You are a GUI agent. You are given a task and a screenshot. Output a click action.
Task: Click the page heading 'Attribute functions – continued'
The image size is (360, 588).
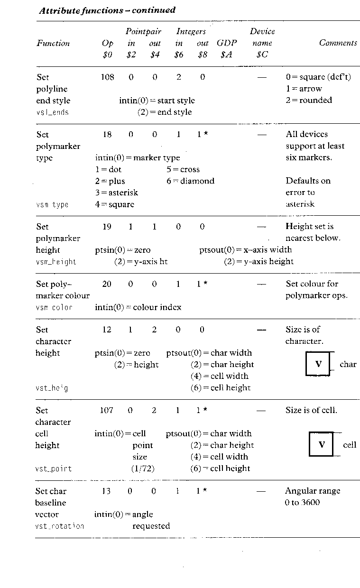(107, 10)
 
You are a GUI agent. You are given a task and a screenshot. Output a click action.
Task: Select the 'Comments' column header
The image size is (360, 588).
(338, 43)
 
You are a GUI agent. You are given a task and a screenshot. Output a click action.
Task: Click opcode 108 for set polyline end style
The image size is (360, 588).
(107, 77)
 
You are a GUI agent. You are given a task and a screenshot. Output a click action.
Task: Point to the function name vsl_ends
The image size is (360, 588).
(52, 112)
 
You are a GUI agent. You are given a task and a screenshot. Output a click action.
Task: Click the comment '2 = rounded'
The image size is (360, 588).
(309, 100)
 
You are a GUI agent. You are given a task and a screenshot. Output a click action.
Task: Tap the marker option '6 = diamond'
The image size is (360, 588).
(190, 181)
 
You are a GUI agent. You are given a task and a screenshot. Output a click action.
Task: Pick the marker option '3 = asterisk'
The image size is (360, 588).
(116, 193)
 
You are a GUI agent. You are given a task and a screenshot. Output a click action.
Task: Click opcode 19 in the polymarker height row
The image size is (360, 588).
(107, 227)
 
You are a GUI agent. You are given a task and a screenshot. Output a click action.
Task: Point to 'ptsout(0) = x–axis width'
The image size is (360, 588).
(245, 249)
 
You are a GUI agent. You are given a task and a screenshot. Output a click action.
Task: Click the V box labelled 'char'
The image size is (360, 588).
(318, 364)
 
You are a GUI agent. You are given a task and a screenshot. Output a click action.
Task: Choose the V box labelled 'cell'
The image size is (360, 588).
(321, 444)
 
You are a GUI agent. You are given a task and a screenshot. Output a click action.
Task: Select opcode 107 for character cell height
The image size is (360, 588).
(107, 410)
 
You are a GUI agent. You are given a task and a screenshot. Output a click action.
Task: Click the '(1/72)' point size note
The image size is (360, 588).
(143, 468)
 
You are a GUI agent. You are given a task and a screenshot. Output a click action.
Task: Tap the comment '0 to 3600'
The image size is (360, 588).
(302, 503)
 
